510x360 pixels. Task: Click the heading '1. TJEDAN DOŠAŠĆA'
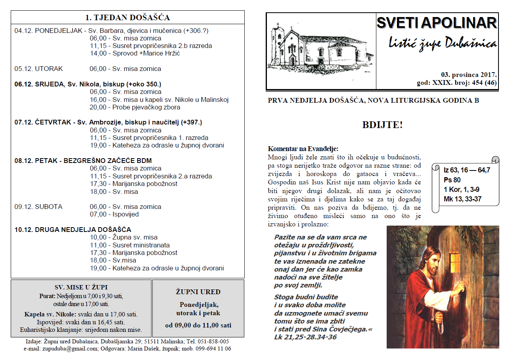point(127,17)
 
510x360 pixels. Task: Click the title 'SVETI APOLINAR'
point(436,23)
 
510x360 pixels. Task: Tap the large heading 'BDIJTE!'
point(382,125)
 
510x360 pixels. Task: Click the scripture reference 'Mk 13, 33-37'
point(462,199)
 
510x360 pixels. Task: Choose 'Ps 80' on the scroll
point(452,180)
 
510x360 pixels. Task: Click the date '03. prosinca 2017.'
point(469,75)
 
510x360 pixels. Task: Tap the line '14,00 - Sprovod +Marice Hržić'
point(135,54)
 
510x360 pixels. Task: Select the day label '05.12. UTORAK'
point(39,69)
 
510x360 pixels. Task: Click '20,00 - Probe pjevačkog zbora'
point(135,107)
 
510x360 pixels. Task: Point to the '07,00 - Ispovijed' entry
point(114,214)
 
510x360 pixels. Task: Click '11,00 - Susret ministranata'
point(130,245)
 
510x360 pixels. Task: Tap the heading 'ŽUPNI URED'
point(198,292)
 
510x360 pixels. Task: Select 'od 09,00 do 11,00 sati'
point(198,326)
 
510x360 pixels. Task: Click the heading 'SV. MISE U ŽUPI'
point(81,287)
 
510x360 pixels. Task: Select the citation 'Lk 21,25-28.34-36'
point(305,337)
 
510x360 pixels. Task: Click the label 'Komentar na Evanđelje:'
point(303,149)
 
